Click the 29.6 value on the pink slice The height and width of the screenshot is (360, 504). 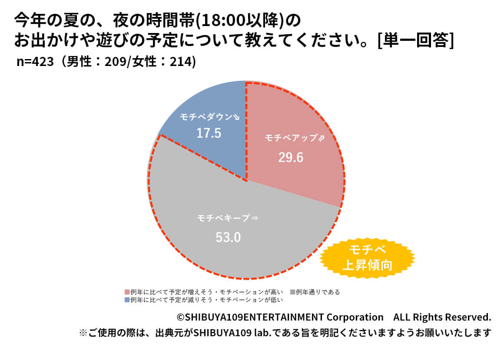[x=291, y=157]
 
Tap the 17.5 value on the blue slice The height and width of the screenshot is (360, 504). [x=209, y=133]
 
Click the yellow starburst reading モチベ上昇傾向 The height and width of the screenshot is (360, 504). [x=367, y=258]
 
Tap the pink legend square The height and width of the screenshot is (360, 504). [x=127, y=292]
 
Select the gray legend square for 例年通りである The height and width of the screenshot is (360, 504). [x=292, y=292]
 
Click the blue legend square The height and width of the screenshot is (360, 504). [x=127, y=300]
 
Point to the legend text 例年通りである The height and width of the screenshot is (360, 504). [x=318, y=292]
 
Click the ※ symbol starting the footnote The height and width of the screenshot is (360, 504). [x=83, y=334]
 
